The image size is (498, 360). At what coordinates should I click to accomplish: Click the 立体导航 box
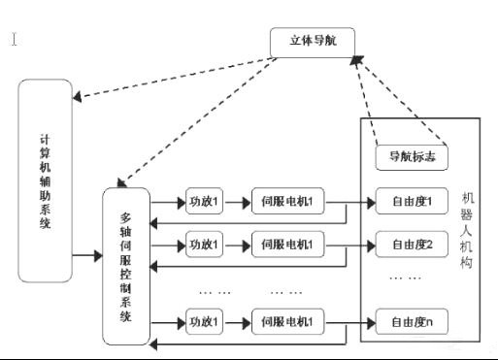(313, 42)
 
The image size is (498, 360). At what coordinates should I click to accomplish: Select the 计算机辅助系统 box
(46, 181)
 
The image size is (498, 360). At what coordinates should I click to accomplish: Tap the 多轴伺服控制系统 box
(126, 267)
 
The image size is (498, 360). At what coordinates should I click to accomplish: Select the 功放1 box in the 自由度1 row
(205, 203)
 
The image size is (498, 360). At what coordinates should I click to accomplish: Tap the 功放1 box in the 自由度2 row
(205, 243)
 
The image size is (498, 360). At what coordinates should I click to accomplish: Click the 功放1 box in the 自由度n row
(205, 319)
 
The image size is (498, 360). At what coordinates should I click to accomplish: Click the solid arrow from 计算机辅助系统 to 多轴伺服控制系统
(86, 256)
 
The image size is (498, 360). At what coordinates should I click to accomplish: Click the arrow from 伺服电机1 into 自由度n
(350, 319)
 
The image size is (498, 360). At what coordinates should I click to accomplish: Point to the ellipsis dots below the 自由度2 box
(405, 278)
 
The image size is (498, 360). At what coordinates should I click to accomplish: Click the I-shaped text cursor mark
(15, 40)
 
